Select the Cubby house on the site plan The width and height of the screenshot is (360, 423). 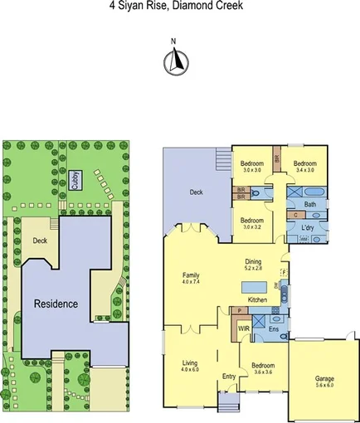tap(75, 181)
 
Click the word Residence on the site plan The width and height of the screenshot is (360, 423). tap(56, 303)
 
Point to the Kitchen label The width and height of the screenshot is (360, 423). tap(257, 299)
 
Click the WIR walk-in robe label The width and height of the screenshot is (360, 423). tap(244, 328)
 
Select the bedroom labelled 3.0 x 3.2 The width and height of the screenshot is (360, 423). tap(252, 223)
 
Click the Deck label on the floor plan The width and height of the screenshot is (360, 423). tap(196, 192)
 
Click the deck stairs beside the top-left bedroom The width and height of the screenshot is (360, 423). tap(221, 159)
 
